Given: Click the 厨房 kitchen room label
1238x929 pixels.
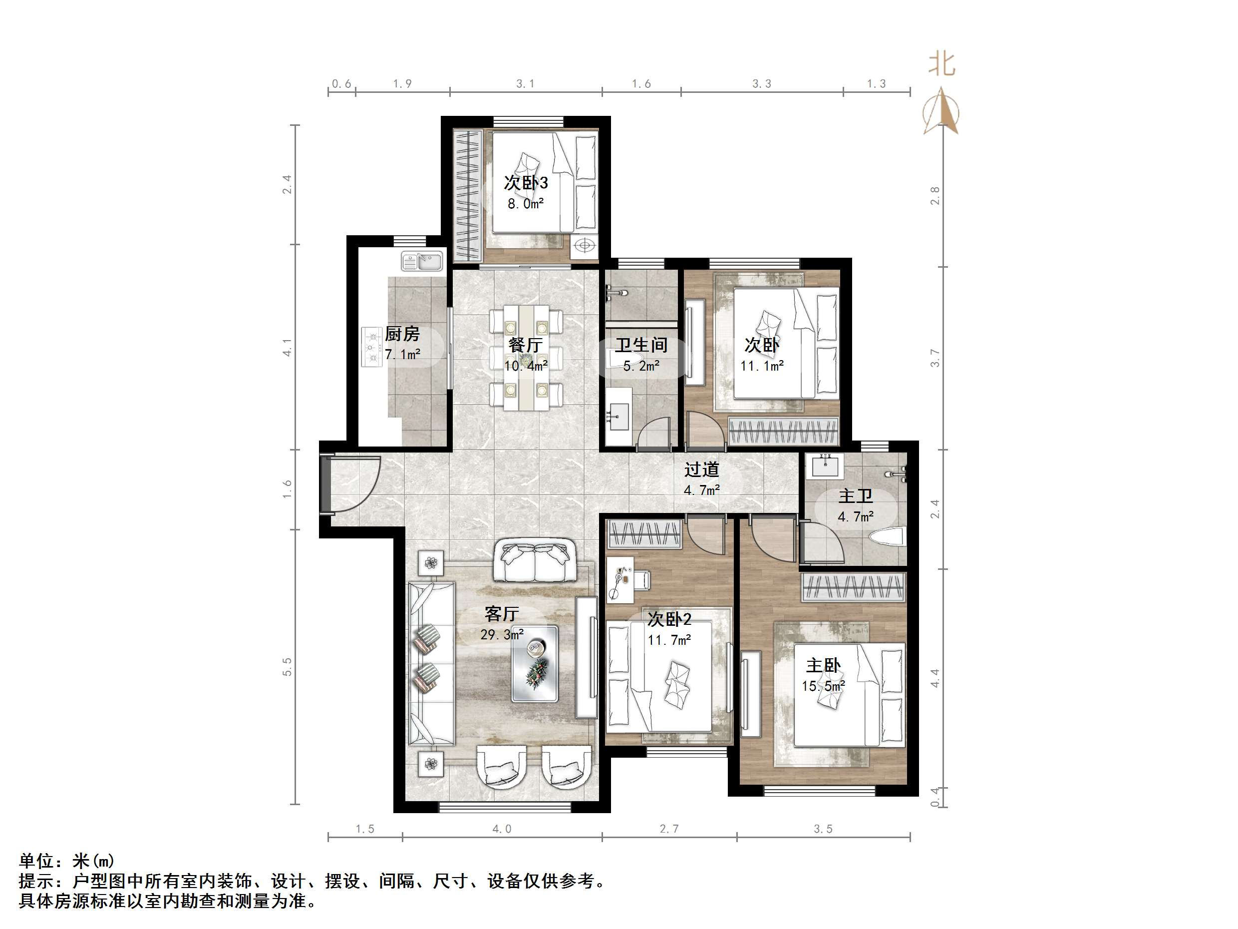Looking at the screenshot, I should coord(402,334).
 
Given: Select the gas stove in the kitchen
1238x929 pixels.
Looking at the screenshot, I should coord(371,347).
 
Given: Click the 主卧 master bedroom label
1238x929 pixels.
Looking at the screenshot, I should coord(823,666).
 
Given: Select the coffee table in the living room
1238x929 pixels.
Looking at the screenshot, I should coord(535,664).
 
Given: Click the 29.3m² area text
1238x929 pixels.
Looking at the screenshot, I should coord(502,635).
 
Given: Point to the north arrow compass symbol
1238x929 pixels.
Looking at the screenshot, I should coord(941,112).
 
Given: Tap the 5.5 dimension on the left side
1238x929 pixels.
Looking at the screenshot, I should coord(287,666).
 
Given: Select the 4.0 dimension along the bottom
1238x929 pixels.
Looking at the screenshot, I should coord(502,829).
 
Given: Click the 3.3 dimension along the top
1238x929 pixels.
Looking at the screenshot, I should coord(761,84).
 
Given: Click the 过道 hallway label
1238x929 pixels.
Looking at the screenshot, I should coord(701,469).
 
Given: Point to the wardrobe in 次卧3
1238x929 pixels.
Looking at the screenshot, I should coord(468,195).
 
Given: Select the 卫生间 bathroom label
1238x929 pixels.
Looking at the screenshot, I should coord(641,345).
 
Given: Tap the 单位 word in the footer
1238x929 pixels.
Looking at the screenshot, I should coord(37,861).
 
